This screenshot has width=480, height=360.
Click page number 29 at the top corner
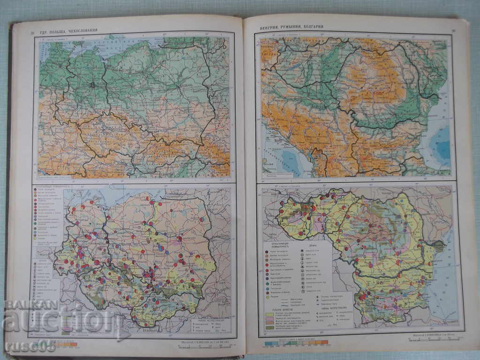tap(453, 31)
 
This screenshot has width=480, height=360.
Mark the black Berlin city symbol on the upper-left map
tap(93, 85)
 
